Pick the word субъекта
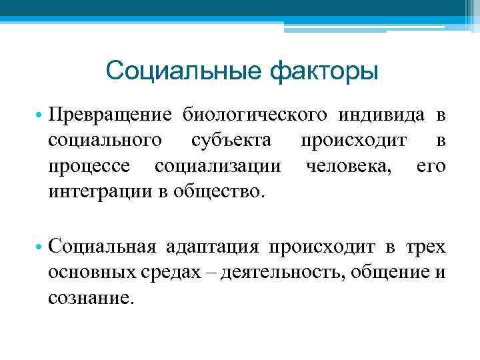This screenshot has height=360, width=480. click(x=231, y=140)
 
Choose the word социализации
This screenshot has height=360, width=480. click(x=217, y=165)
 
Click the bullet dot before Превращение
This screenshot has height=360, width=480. click(x=39, y=116)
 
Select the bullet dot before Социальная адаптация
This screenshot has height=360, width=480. click(x=39, y=247)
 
